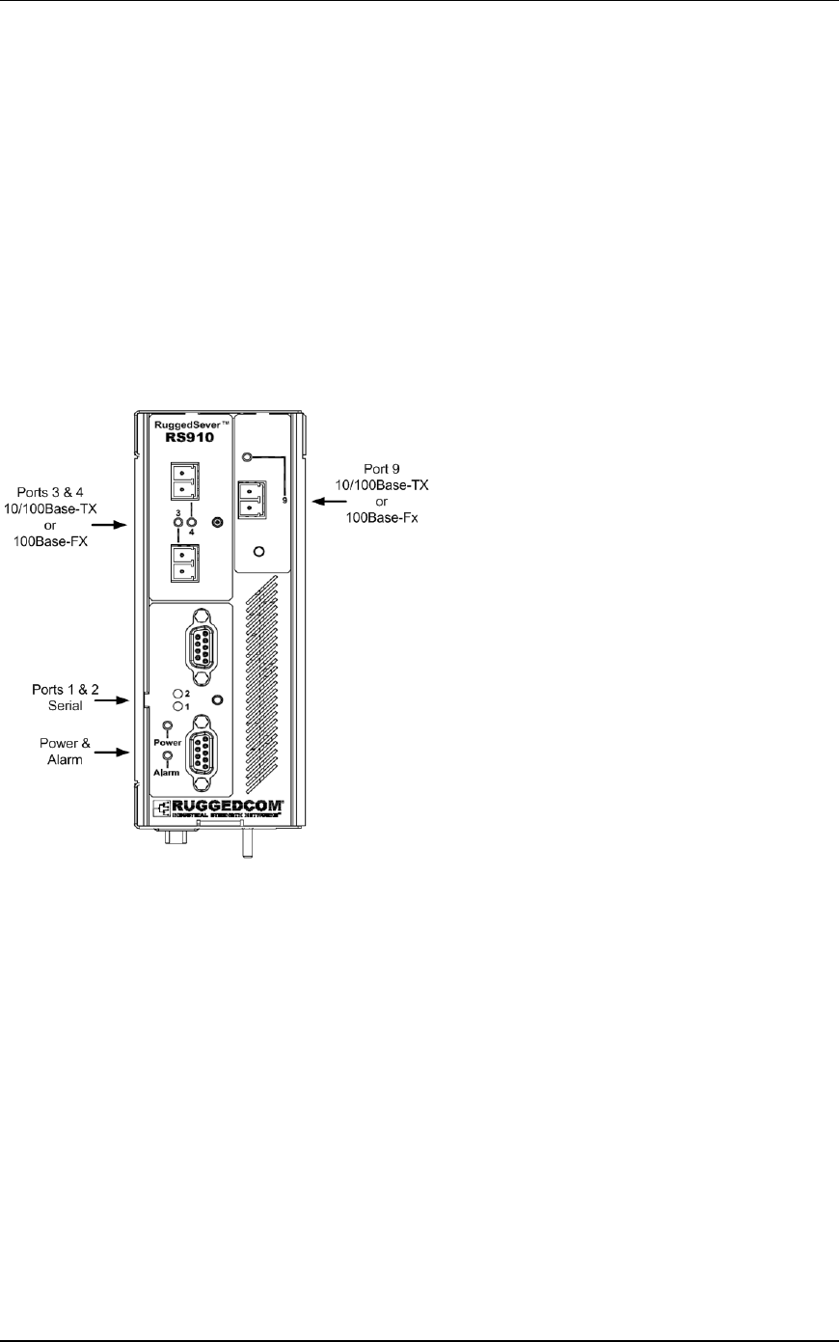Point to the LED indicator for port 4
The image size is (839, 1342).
191,523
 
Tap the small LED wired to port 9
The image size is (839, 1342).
248,457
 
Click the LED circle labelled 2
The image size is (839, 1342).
176,694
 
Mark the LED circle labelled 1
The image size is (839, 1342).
176,707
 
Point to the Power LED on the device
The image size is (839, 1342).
168,725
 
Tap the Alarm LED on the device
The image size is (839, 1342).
168,756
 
